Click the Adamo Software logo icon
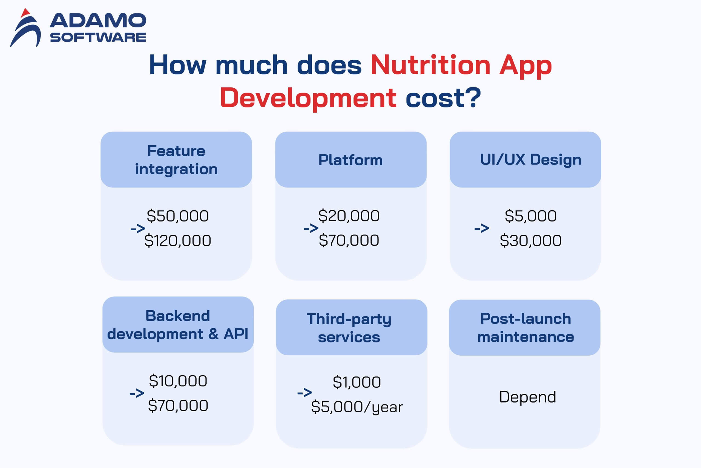click(x=26, y=28)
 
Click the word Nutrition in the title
click(x=430, y=65)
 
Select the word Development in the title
click(x=308, y=97)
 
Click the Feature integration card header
click(x=176, y=160)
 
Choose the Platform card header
click(x=351, y=160)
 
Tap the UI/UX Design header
click(x=525, y=160)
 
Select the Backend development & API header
click(x=178, y=324)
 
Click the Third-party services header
click(x=351, y=327)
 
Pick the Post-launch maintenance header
click(x=525, y=327)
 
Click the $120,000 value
click(x=178, y=240)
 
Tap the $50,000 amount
click(x=178, y=216)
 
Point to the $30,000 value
click(x=530, y=240)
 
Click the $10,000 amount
click(x=178, y=381)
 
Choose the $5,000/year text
click(x=357, y=407)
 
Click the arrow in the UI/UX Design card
click(x=482, y=228)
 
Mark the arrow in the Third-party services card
click(x=304, y=393)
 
